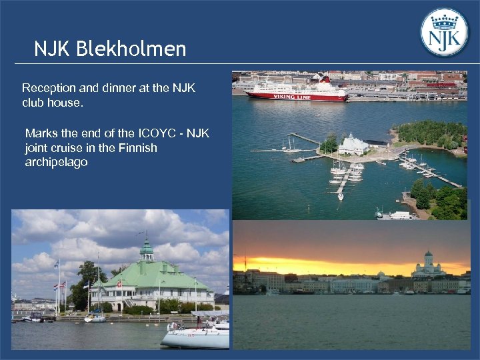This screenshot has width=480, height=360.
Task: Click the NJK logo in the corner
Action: coord(445,32)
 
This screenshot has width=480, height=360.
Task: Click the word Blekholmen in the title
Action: coord(131,49)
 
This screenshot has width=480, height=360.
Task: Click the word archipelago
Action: coord(56,163)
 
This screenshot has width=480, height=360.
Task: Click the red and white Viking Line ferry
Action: coord(297,91)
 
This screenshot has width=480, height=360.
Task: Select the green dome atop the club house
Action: coord(147,249)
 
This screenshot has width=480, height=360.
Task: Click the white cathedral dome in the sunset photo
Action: coord(428,257)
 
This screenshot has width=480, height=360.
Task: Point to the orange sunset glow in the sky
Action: coord(320,265)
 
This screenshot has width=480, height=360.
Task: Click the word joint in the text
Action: coord(38,148)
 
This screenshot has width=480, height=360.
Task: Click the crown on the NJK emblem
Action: coord(445,20)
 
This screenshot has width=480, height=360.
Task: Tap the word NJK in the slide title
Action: coord(53,49)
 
